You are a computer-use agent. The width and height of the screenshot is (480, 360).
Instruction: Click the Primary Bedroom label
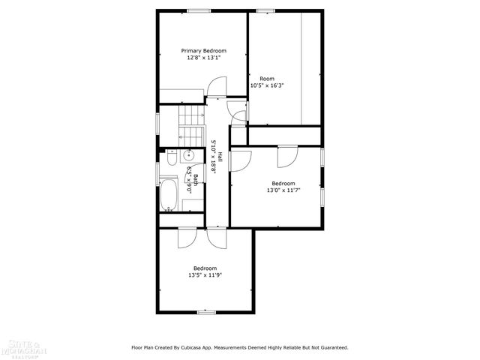pyautogui.click(x=203, y=50)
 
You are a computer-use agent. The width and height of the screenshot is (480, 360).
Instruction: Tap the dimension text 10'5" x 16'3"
pyautogui.click(x=267, y=85)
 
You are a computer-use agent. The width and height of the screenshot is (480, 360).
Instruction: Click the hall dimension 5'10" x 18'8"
pyautogui.click(x=213, y=157)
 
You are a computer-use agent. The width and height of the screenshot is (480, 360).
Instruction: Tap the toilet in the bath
pyautogui.click(x=171, y=158)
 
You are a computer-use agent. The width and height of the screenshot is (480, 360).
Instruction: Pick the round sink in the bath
pyautogui.click(x=190, y=155)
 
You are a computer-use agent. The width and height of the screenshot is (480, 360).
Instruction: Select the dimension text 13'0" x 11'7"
pyautogui.click(x=283, y=190)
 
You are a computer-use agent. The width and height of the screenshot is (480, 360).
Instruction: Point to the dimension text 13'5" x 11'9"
pyautogui.click(x=205, y=275)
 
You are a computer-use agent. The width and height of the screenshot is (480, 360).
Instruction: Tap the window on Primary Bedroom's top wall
pyautogui.click(x=198, y=10)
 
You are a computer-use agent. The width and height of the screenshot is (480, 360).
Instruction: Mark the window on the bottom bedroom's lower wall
pyautogui.click(x=206, y=312)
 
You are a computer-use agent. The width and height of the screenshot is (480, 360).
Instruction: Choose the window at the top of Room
pyautogui.click(x=265, y=10)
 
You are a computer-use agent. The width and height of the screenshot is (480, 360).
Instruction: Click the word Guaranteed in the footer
pyautogui.click(x=331, y=347)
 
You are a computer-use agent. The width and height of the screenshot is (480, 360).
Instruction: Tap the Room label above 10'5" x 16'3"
pyautogui.click(x=266, y=78)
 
